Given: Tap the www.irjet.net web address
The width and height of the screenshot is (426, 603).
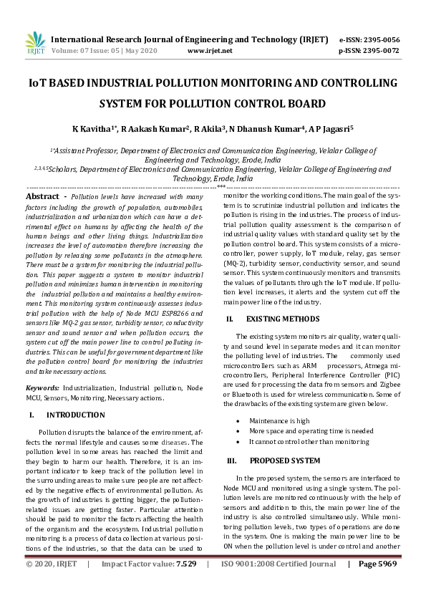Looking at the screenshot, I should pyautogui.click(x=209, y=52).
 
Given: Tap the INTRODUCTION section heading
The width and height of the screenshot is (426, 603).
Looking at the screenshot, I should pyautogui.click(x=76, y=415).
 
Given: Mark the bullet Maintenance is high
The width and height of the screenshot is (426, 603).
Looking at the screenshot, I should pyautogui.click(x=279, y=421).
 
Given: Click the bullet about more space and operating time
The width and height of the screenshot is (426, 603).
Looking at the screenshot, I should pyautogui.click(x=311, y=431).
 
